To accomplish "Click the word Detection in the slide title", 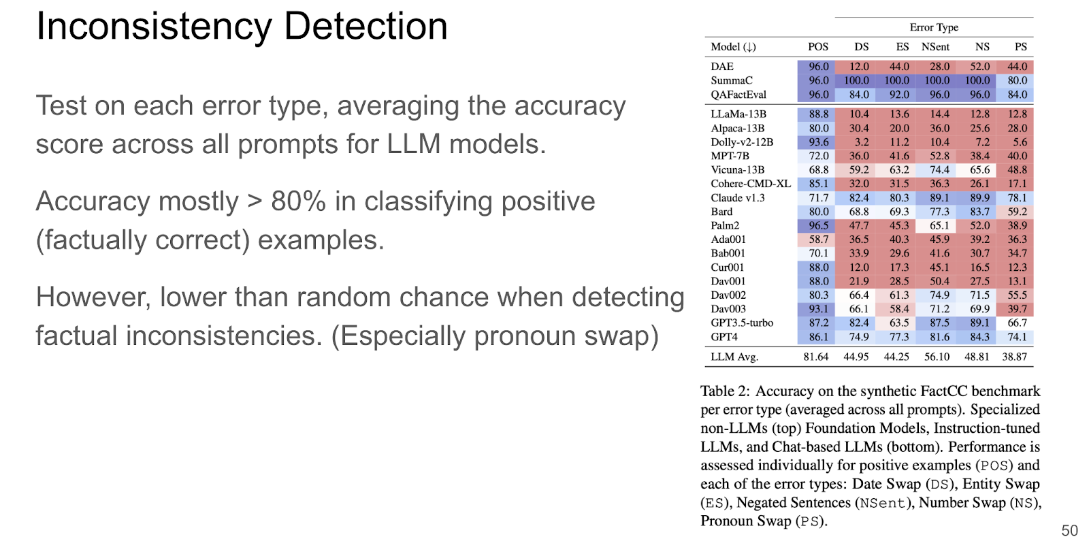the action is (365, 27).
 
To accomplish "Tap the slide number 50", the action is (1069, 530).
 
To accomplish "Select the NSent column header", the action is (935, 47).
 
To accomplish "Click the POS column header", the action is (818, 47).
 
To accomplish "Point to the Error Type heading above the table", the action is (934, 27).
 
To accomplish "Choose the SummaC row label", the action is (731, 80).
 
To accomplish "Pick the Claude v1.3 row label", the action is (738, 198).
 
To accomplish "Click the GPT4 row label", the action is (724, 337).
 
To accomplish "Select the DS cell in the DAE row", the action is (859, 67).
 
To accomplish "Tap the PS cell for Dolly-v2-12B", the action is (1020, 142).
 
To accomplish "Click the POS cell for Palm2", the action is (819, 225).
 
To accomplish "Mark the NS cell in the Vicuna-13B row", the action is (979, 169).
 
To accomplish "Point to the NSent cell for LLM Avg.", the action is (937, 357).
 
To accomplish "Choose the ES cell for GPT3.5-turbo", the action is (899, 323).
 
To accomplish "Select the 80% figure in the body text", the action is (298, 201).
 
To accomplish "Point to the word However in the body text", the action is (93, 297).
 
